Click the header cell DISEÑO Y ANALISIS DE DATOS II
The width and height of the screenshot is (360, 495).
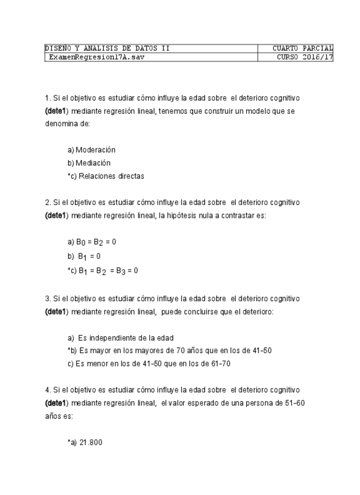[x=107, y=48]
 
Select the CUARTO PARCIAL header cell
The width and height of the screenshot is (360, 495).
[x=302, y=48]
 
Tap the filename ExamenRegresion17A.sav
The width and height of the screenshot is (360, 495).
[x=96, y=57]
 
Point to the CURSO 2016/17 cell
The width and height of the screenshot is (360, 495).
[x=305, y=57]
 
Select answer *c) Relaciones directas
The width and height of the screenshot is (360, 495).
[x=105, y=176]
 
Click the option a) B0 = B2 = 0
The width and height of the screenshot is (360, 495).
[x=92, y=242]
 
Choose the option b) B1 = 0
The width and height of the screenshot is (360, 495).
[x=85, y=256]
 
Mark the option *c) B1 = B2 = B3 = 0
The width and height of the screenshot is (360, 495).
[x=102, y=271]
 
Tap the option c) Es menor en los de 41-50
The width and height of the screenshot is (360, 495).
[x=149, y=364]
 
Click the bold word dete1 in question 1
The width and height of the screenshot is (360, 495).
[x=56, y=111]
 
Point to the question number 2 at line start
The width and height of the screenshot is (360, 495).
[x=47, y=203]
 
